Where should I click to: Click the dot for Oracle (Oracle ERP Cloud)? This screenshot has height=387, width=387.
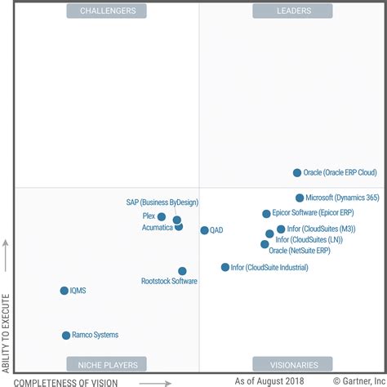click(297, 172)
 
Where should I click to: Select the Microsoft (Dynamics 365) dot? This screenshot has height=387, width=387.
click(300, 198)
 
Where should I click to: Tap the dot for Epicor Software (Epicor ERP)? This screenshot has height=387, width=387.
click(266, 214)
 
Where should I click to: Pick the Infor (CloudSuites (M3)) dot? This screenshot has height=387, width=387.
click(281, 229)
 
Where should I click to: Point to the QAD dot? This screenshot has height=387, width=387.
click(204, 230)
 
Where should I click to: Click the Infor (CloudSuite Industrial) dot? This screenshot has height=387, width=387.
click(225, 267)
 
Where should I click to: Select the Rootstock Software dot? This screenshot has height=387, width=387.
click(182, 271)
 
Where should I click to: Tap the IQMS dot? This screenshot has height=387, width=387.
click(64, 291)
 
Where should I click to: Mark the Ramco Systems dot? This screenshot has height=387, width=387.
click(66, 336)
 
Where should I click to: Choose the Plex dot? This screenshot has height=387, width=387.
click(162, 217)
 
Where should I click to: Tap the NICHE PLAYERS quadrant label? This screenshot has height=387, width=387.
click(107, 364)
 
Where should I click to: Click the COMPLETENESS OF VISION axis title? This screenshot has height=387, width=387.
click(66, 381)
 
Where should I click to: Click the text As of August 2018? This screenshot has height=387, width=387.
click(269, 380)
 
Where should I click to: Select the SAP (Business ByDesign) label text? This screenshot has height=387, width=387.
click(162, 202)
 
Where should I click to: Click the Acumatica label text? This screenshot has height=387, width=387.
click(157, 228)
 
